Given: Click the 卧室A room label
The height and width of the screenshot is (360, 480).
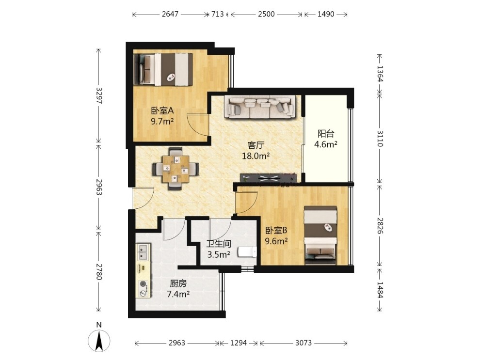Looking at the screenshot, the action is pyautogui.click(x=162, y=110).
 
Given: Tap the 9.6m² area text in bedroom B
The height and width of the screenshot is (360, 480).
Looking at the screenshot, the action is pyautogui.click(x=276, y=241).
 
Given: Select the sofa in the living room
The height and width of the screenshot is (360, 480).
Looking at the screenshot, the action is pyautogui.click(x=260, y=107).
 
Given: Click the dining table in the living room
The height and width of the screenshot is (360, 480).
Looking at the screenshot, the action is pyautogui.click(x=176, y=169).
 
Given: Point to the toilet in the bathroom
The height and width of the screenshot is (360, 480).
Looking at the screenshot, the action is pyautogui.click(x=247, y=252).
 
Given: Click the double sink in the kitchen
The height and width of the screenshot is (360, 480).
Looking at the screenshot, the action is pyautogui.click(x=143, y=252).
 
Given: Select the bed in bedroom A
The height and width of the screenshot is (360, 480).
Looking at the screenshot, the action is pyautogui.click(x=163, y=69).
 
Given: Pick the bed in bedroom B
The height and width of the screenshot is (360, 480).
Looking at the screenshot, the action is pyautogui.click(x=320, y=235).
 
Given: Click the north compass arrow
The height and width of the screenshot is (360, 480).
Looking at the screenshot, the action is pyautogui.click(x=99, y=341).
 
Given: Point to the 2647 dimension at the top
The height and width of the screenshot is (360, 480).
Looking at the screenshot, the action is pyautogui.click(x=170, y=14).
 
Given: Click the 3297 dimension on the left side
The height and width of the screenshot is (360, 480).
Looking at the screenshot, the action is pyautogui.click(x=99, y=96).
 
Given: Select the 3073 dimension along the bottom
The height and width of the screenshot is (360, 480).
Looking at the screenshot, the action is pyautogui.click(x=304, y=343).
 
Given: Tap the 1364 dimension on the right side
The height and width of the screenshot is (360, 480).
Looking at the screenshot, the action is pyautogui.click(x=380, y=74).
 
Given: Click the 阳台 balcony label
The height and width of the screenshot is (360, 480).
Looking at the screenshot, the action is pyautogui.click(x=326, y=134).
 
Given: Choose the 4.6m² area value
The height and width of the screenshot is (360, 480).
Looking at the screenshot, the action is pyautogui.click(x=326, y=144).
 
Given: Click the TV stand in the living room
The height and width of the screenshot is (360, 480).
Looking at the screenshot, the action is pyautogui.click(x=269, y=178).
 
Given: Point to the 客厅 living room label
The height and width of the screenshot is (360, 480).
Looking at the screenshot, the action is pyautogui.click(x=256, y=145).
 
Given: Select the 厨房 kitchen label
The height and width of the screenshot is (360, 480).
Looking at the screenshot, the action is pyautogui.click(x=178, y=283).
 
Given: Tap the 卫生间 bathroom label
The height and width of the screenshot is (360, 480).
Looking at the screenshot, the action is pyautogui.click(x=219, y=244).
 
